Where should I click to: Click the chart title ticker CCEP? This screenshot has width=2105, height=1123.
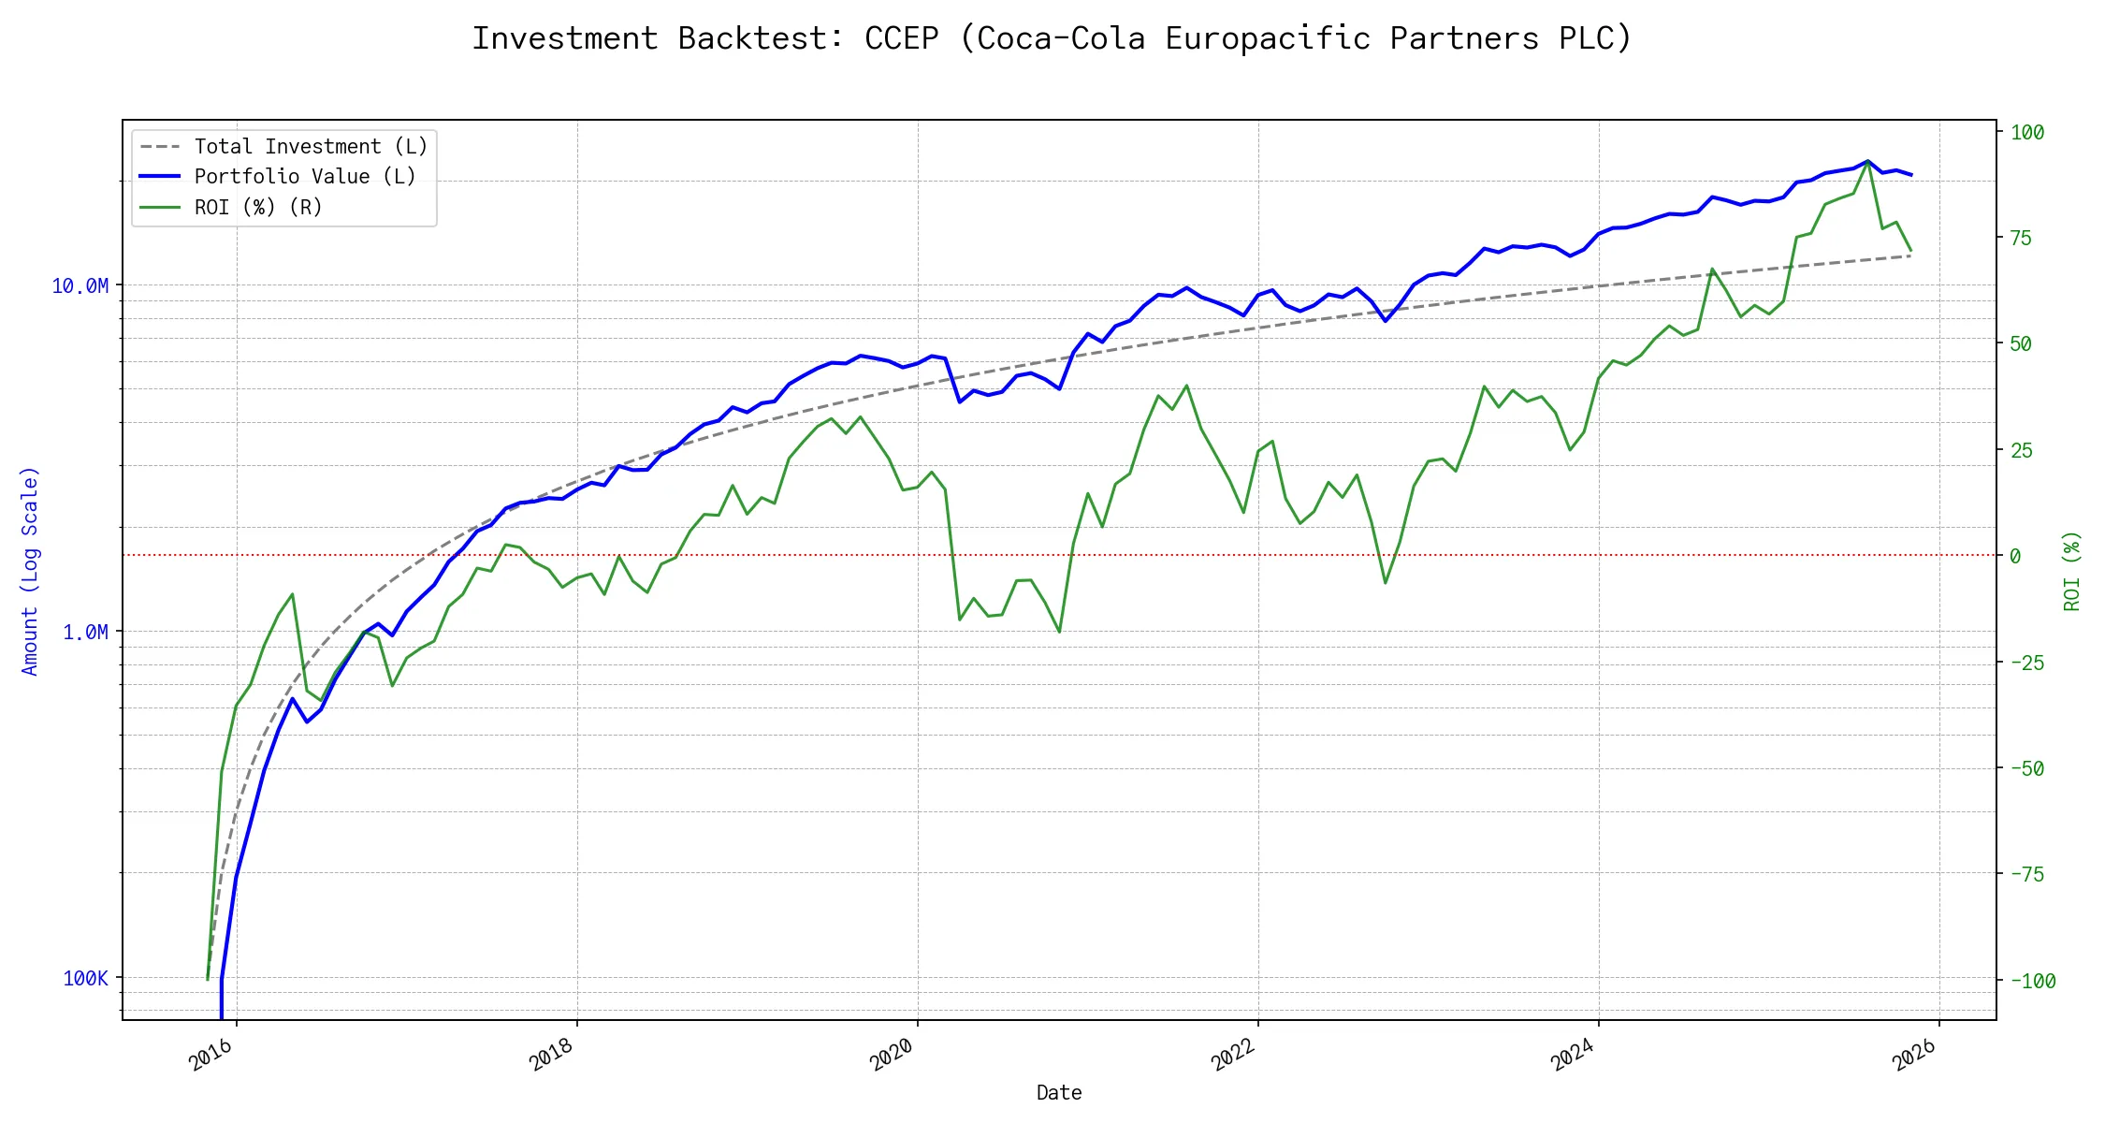point(901,38)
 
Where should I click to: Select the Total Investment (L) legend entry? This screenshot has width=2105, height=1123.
point(311,147)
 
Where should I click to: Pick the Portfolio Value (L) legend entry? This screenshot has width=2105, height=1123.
point(305,177)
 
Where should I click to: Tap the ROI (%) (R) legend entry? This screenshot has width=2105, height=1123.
point(258,208)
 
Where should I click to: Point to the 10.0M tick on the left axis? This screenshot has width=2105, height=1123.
point(80,286)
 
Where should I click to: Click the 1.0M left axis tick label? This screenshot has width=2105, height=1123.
point(85,633)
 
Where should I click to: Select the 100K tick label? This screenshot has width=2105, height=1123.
point(86,979)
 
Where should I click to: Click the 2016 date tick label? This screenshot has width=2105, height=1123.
point(211,1055)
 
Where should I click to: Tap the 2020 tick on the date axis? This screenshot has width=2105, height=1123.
point(892,1055)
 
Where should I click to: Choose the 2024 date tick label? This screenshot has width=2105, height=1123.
point(1573,1055)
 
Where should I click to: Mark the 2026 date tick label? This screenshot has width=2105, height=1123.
point(1914,1055)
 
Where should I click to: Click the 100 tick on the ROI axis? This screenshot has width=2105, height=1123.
point(2027,133)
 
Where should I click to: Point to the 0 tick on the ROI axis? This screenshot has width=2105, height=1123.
point(2015,557)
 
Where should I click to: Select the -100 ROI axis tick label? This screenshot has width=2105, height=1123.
point(2033,982)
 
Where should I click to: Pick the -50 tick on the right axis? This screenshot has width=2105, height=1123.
point(2027,769)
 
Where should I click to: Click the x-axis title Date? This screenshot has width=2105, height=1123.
point(1059,1093)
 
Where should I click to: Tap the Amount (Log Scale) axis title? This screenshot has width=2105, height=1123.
point(30,571)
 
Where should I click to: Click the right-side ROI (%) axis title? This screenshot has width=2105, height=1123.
point(2071,571)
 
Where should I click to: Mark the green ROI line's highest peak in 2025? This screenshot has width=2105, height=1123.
point(1867,162)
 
